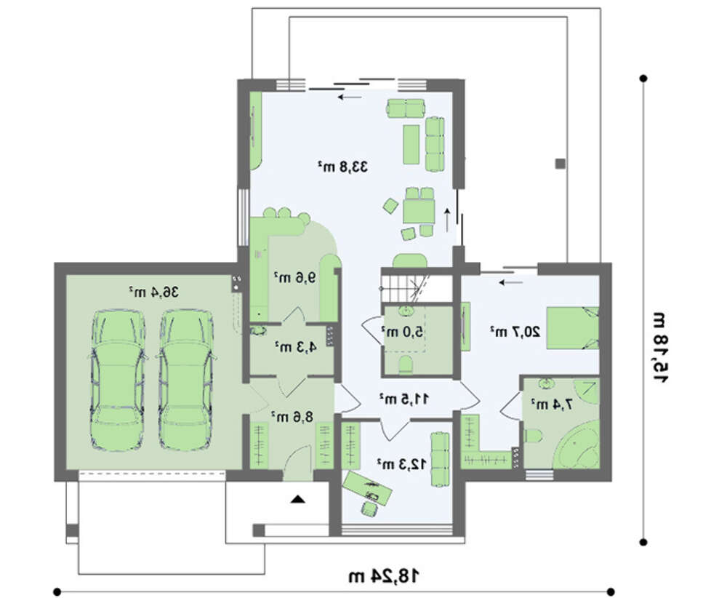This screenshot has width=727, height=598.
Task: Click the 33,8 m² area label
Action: (342, 167)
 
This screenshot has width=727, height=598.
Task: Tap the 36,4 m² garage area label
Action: (154, 292)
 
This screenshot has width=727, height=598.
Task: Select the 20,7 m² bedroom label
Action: (515, 331)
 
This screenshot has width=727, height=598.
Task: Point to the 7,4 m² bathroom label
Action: (552, 404)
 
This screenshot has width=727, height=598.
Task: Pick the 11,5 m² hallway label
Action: (404, 398)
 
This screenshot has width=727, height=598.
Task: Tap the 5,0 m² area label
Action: (402, 331)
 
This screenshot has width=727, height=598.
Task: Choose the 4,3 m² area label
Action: (296, 346)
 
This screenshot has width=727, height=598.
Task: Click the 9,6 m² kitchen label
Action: (295, 277)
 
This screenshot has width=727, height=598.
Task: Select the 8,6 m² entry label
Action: (292, 416)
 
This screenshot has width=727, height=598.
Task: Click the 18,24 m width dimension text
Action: (384, 575)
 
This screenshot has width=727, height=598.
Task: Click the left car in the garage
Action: (117, 380)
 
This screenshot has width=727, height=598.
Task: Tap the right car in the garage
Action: (186, 380)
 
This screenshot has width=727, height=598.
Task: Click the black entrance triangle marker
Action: (297, 500)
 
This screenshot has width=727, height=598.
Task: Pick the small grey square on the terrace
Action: (561, 163)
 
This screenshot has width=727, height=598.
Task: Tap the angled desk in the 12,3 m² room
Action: (367, 487)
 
